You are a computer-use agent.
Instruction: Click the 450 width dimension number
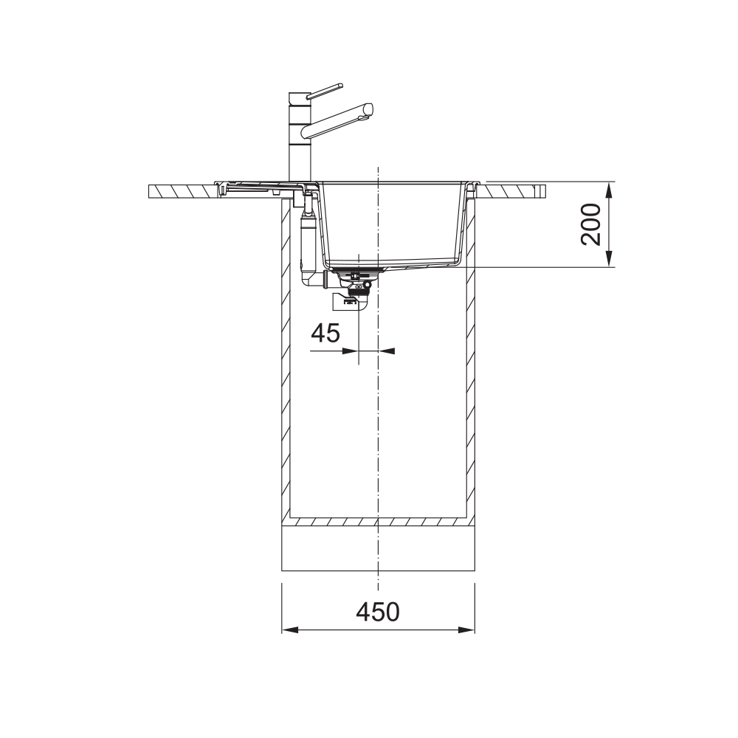pyautogui.click(x=377, y=612)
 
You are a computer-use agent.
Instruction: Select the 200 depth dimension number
pyautogui.click(x=591, y=224)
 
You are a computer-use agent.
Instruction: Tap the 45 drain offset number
pyautogui.click(x=325, y=334)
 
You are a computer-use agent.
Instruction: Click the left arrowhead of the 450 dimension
pyautogui.click(x=290, y=630)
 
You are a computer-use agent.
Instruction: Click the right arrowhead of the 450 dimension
pyautogui.click(x=466, y=630)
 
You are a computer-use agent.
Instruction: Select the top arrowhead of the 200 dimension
pyautogui.click(x=609, y=190)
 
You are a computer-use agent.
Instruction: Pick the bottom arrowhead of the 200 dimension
pyautogui.click(x=609, y=259)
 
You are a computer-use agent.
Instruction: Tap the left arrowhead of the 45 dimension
pyautogui.click(x=350, y=351)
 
